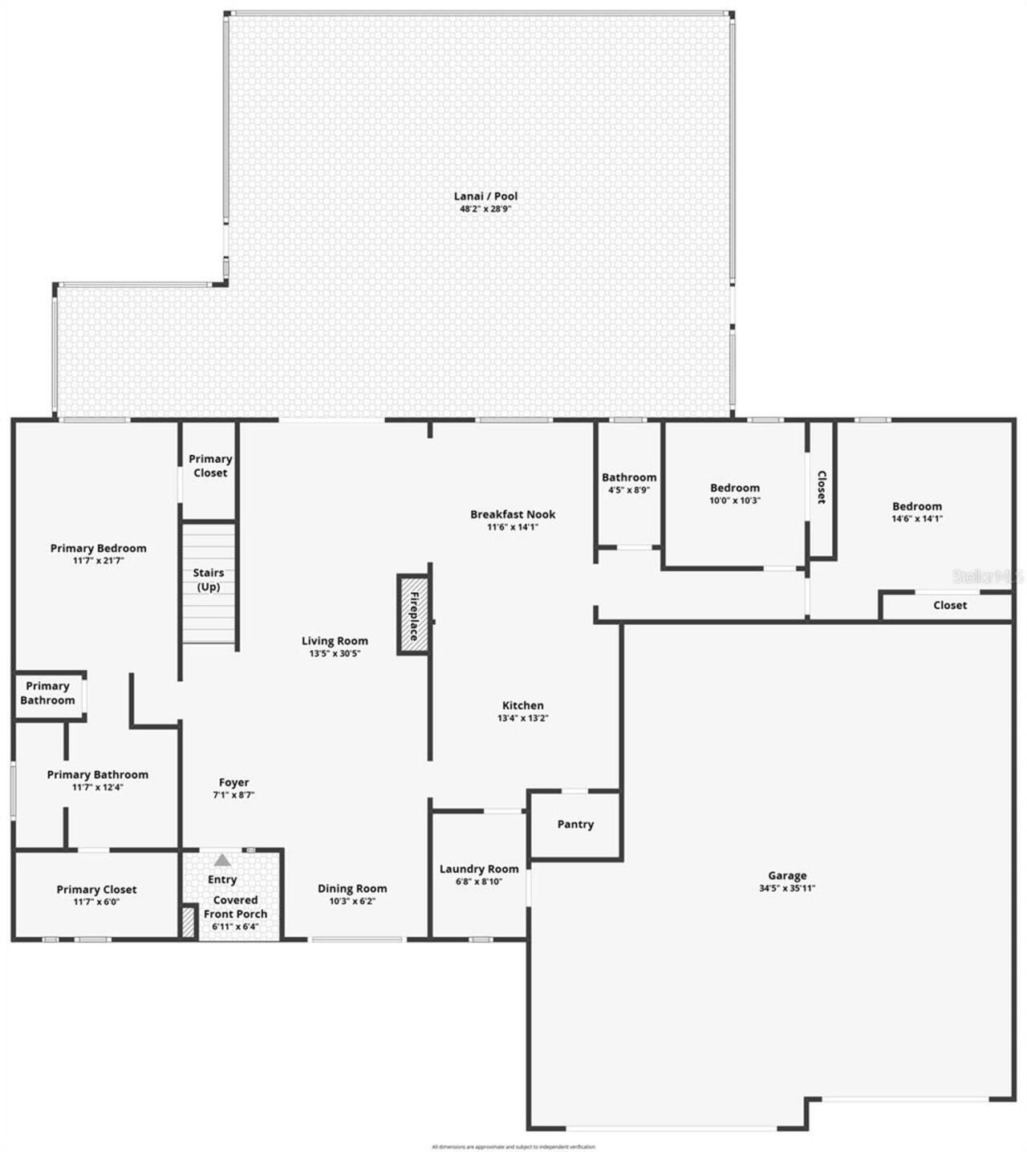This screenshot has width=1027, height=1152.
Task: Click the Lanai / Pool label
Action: (485, 196)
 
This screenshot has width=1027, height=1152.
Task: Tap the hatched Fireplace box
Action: (413, 615)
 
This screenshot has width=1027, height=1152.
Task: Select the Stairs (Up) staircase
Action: (208, 582)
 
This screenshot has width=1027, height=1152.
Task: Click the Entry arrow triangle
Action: (222, 860)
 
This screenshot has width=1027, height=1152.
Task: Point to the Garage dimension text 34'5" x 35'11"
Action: (786, 888)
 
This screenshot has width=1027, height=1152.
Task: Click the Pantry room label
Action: (575, 824)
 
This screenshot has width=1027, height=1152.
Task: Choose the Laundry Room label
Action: (479, 869)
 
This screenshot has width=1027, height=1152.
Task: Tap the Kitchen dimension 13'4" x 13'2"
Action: (522, 718)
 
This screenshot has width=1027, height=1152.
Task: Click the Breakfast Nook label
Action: (513, 514)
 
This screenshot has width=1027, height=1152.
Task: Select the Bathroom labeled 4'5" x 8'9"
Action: (629, 483)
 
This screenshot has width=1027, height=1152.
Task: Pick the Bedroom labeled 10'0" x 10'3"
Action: (734, 493)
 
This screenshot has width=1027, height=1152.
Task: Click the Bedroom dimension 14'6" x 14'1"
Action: (917, 518)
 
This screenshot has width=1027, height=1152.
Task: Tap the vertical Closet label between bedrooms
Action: (821, 487)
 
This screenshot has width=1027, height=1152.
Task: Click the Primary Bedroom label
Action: (98, 548)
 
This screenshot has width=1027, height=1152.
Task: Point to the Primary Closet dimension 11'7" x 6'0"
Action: (96, 902)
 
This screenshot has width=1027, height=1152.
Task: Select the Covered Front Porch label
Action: (235, 907)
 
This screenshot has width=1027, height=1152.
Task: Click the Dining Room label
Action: (351, 888)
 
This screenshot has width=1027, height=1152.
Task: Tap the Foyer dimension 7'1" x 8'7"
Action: (233, 795)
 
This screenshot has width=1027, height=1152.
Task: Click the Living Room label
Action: (335, 640)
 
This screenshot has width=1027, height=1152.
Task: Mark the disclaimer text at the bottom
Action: (513, 1146)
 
